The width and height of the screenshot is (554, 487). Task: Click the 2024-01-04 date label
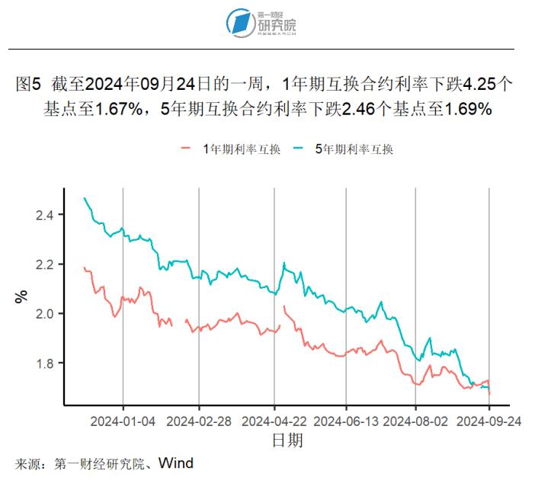[123, 421]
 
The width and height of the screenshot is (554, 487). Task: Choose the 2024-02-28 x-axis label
[198, 421]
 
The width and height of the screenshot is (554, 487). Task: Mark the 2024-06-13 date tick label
[346, 421]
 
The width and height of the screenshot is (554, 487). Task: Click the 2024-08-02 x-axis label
[416, 421]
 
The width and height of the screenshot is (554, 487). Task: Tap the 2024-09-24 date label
[488, 421]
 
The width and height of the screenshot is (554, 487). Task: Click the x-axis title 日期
[287, 441]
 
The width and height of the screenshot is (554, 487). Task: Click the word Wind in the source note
[176, 463]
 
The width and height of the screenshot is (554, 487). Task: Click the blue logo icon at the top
[241, 24]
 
